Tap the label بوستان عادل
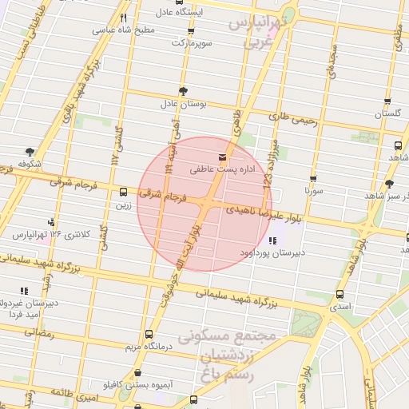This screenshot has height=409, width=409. tap(183, 104)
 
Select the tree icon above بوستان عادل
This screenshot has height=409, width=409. tap(183, 91)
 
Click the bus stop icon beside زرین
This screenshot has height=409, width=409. tap(124, 192)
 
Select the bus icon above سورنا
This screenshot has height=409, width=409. tap(313, 179)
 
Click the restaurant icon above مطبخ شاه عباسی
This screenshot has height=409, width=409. tap(123, 18)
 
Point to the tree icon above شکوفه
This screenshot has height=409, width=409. tap(30, 152)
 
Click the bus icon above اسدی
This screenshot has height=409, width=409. tap(341, 293)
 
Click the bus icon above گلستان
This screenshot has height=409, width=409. tap(387, 102)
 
